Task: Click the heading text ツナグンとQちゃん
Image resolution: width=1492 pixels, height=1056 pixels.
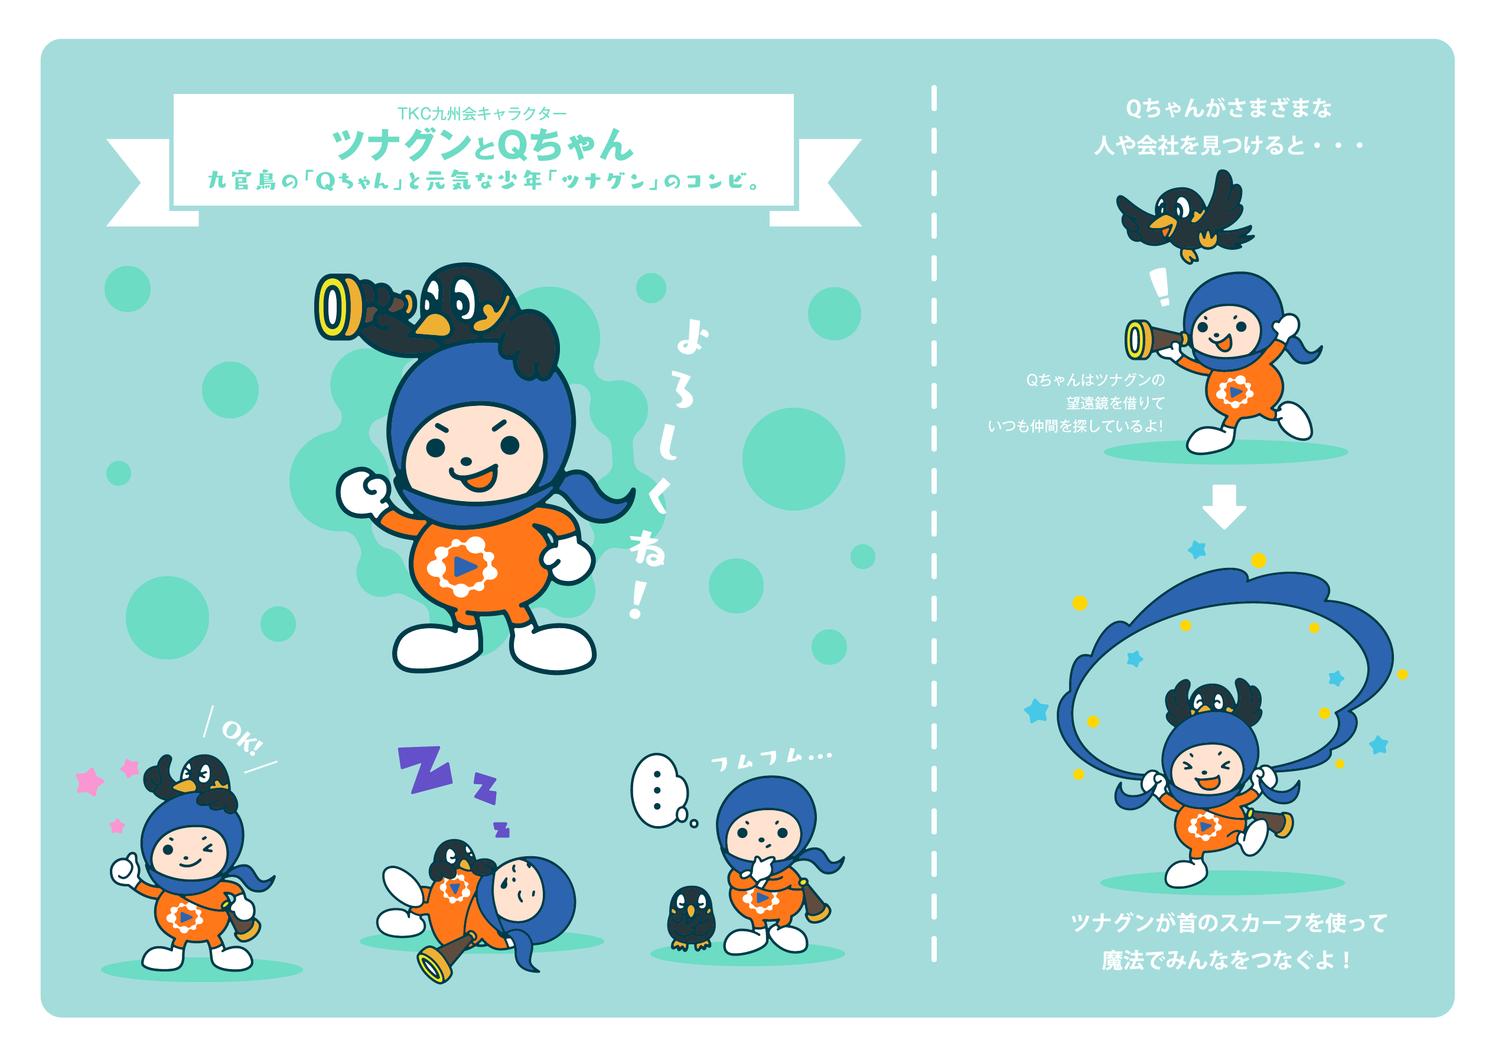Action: [x=482, y=145]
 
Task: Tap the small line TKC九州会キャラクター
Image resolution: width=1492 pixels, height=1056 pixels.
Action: [x=482, y=114]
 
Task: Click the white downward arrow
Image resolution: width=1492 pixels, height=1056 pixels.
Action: [x=1224, y=506]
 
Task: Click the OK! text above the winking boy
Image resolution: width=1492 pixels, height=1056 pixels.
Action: [x=242, y=738]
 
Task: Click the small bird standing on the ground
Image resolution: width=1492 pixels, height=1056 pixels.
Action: [x=690, y=918]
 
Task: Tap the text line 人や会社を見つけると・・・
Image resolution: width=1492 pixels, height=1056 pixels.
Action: [x=1227, y=145]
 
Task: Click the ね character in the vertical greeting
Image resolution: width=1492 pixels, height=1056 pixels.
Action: [x=647, y=548]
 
